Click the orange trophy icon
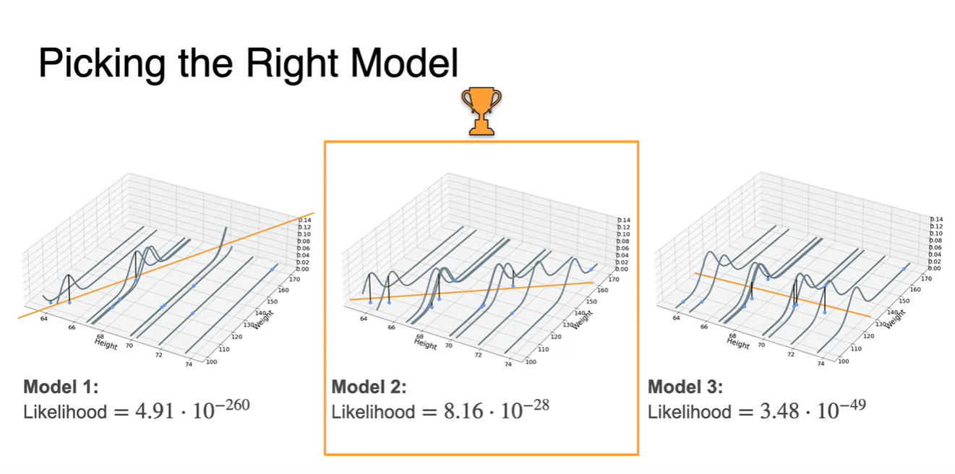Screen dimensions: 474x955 pos(481,112)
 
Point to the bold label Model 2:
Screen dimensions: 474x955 pos(369,387)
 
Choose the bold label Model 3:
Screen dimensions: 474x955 pos(685,387)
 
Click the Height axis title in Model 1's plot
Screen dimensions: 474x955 pos(106,343)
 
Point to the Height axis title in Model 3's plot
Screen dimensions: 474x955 pos(737,343)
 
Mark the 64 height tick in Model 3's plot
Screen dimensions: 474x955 pos(677,318)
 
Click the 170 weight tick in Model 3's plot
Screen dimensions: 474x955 pos(926,278)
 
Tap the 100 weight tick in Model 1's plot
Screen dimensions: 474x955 pos(211,361)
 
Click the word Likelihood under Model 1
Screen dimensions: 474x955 pos(65,413)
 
